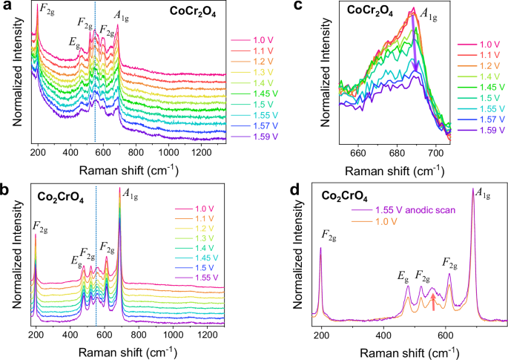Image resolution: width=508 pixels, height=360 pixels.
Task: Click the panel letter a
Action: click(x=7, y=7)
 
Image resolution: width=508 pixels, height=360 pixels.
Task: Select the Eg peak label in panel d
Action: click(x=403, y=277)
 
